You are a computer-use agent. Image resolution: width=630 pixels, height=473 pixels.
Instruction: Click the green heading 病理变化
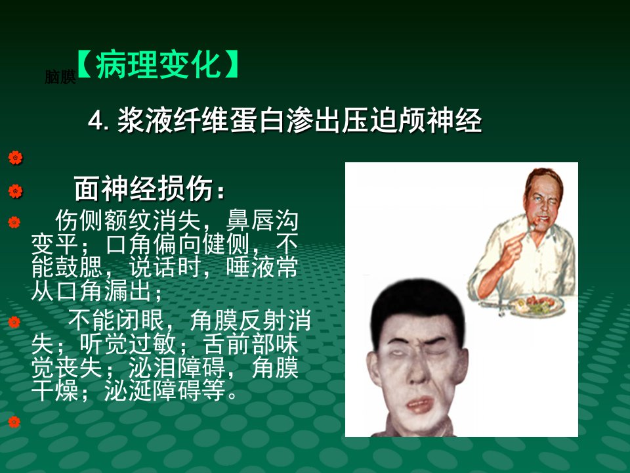tap(158, 65)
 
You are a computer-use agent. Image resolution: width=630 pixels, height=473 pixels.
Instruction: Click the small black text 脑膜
tap(60, 77)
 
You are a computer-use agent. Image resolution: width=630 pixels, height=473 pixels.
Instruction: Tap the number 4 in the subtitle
tap(94, 121)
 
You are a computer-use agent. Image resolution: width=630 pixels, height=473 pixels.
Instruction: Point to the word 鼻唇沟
tap(262, 220)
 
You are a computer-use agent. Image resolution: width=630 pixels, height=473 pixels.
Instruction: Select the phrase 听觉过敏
tap(127, 344)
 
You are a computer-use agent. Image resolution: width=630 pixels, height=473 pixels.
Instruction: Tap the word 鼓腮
tap(79, 267)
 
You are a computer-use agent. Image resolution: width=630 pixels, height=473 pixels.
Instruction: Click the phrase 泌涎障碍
tap(153, 390)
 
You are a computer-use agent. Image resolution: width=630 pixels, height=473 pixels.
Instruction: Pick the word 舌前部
tap(238, 344)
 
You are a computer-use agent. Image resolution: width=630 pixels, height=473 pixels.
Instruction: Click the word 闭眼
tap(140, 320)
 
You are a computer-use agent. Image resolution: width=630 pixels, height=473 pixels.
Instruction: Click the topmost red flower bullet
tap(15, 158)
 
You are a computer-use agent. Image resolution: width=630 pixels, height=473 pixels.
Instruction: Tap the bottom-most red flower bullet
tap(14, 422)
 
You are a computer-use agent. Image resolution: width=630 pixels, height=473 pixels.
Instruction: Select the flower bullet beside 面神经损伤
tap(15, 191)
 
